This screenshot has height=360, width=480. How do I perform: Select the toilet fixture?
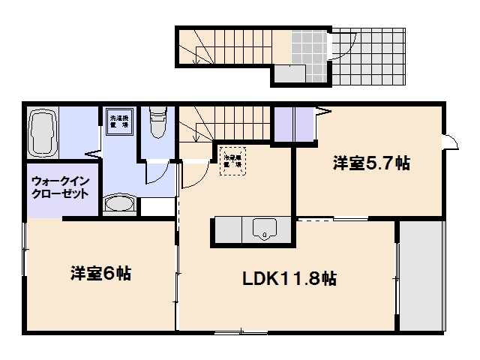[157, 124]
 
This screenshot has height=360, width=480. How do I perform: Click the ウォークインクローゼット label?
[60, 187]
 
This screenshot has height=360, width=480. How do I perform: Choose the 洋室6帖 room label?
[100, 274]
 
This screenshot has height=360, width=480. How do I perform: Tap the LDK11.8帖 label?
[289, 279]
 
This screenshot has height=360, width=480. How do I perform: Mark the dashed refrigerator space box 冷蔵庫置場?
[231, 160]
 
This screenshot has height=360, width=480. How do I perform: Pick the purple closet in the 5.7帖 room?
[294, 123]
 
